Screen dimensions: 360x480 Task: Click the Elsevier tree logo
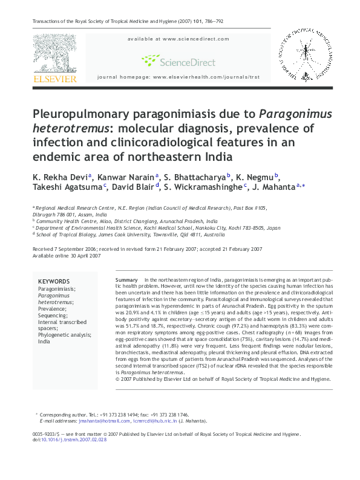[54, 54]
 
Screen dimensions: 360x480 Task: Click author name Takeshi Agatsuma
[67, 187]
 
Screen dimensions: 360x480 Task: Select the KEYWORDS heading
[54, 282]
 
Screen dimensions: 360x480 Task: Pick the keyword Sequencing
[53, 316]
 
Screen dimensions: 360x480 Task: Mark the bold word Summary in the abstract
[126, 281]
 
